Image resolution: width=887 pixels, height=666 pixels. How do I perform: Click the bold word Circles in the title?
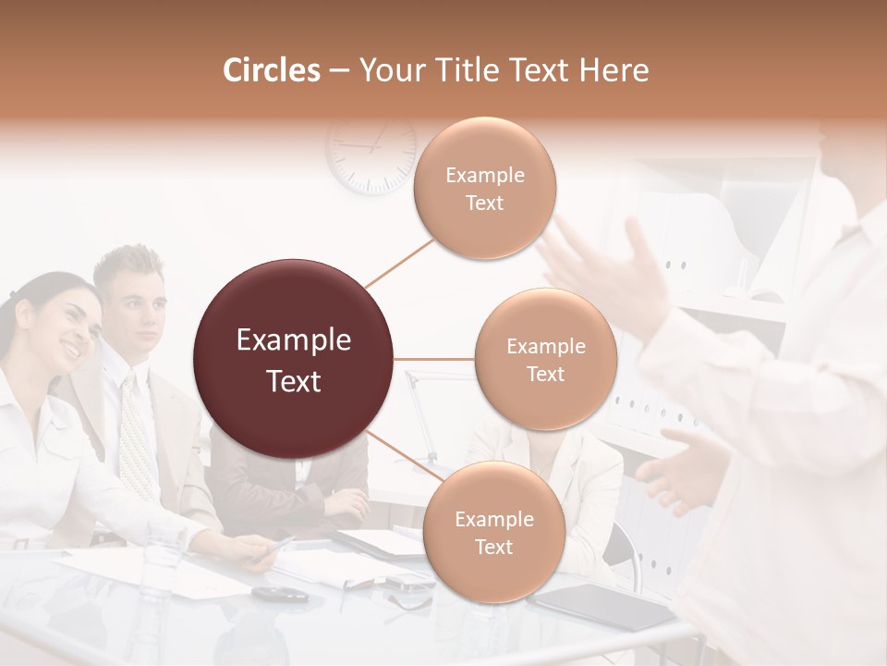coord(271,70)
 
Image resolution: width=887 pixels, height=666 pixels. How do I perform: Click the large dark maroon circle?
coord(293,359)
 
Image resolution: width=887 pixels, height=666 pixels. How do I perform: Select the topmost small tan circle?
coord(485,188)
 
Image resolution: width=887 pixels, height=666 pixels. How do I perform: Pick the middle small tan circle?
coord(545,359)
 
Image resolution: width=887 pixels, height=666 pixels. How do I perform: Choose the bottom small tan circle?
coord(493,532)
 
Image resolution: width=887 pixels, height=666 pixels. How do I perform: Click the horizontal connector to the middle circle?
coord(434,359)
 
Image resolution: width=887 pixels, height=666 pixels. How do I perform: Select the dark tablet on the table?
coord(605,607)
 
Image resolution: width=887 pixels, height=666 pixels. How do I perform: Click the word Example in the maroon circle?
coord(293,340)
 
